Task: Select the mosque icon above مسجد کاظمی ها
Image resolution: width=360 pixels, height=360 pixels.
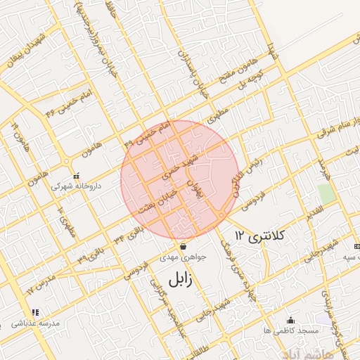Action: pos(290,320)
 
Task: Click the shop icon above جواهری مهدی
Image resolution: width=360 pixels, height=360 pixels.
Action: pos(184,247)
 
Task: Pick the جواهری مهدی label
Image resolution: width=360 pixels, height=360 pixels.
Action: pos(184,257)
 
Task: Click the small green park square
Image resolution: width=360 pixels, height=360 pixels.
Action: pos(325,193)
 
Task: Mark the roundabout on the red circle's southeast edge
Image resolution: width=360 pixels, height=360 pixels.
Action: pos(221,214)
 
